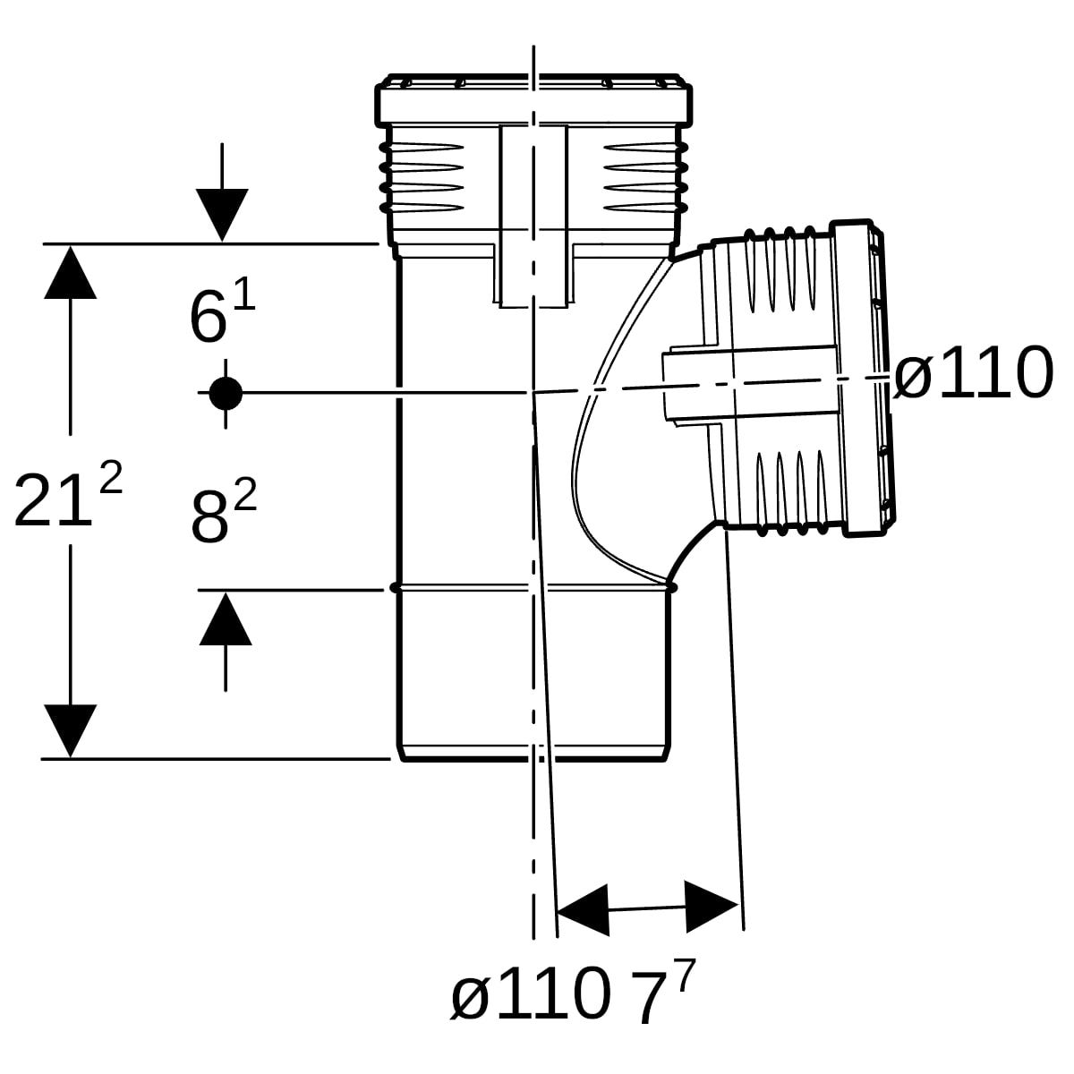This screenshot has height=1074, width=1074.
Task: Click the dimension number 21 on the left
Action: point(53,500)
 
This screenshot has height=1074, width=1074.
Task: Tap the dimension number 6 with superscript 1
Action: point(209,319)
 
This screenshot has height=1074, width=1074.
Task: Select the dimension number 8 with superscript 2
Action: point(209,518)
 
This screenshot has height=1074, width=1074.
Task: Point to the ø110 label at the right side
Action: point(973,373)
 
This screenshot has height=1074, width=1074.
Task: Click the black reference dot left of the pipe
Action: point(226,393)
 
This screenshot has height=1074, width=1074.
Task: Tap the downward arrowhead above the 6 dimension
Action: point(222,215)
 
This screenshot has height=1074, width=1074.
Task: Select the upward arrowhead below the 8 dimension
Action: point(226,618)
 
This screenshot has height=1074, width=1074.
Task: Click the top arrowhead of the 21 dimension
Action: point(70,272)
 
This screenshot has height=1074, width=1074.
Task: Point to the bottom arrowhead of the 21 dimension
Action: point(70,731)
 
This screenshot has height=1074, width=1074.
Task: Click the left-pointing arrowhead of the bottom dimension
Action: point(583,910)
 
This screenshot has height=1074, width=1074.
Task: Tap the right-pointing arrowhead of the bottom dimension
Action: point(712,907)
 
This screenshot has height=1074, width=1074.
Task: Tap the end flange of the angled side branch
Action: point(863,379)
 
